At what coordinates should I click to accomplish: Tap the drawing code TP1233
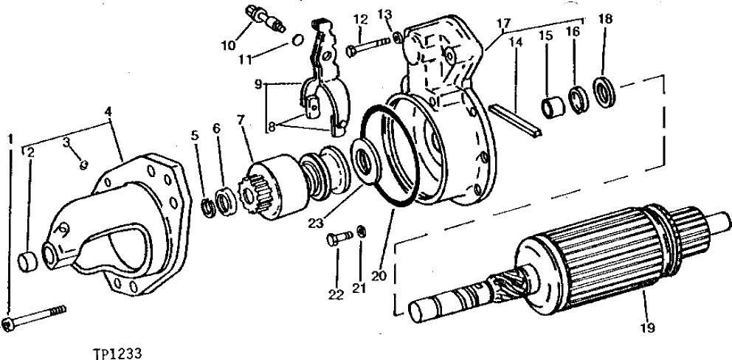[x=117, y=353]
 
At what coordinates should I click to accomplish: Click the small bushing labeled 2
[x=30, y=260]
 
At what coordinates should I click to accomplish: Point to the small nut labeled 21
[x=360, y=231]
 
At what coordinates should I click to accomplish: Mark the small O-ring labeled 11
[x=296, y=38]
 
